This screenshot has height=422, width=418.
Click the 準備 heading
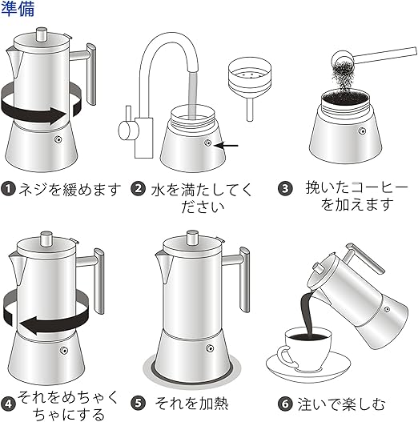click(x=18, y=9)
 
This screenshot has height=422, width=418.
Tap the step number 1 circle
click(x=8, y=189)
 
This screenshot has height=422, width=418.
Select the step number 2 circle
click(x=138, y=189)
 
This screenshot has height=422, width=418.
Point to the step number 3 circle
click(x=285, y=189)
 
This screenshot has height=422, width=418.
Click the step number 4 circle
click(x=8, y=404)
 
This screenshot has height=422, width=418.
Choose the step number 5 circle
click(x=138, y=404)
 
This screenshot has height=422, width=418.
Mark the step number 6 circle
click(x=285, y=404)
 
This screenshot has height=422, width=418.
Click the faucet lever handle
click(x=127, y=127)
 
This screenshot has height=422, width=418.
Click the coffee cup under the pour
click(x=306, y=348)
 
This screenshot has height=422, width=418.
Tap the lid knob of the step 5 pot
click(x=192, y=238)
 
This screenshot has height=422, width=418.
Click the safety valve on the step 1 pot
click(x=58, y=139)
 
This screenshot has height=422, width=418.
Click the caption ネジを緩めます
click(x=70, y=189)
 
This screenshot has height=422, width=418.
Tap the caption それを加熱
click(x=191, y=404)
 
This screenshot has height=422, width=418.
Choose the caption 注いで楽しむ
click(x=341, y=404)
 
